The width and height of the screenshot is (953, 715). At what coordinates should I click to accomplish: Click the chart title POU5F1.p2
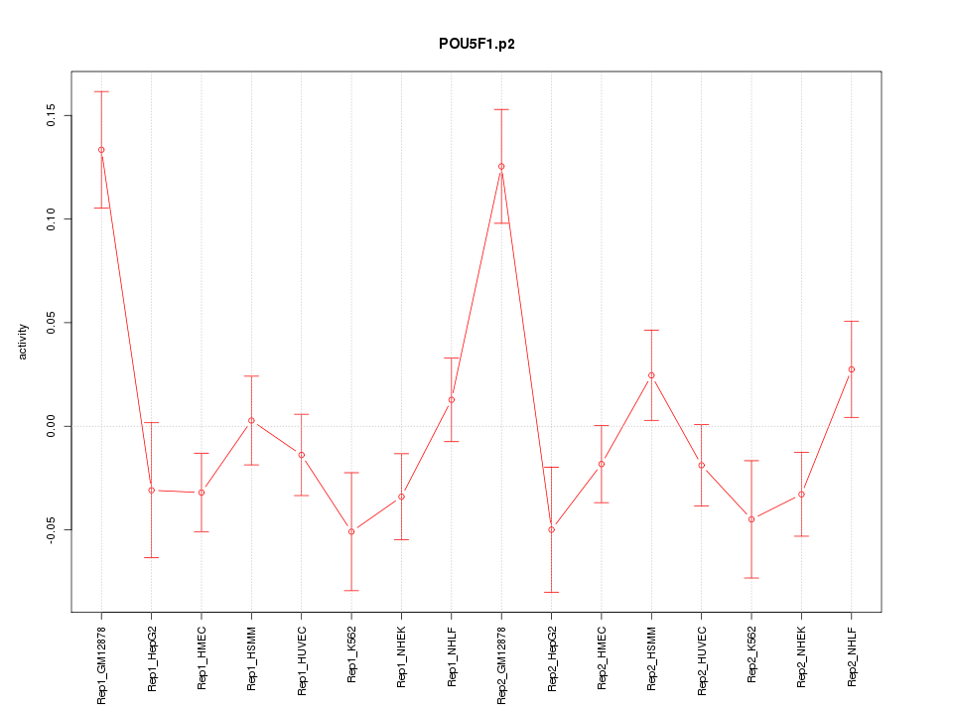pos(476,45)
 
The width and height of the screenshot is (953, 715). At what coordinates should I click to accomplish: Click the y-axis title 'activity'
pos(25,342)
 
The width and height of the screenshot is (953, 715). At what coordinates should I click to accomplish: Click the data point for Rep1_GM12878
pos(101,150)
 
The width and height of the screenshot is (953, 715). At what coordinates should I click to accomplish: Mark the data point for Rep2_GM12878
pos(501,166)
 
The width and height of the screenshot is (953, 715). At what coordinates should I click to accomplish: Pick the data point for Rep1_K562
pos(351,531)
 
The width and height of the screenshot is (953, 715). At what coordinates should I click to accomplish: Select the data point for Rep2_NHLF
pos(851,369)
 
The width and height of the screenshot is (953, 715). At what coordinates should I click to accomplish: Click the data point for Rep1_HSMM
pos(251,420)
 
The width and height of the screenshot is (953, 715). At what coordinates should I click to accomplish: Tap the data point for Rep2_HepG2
pos(551,529)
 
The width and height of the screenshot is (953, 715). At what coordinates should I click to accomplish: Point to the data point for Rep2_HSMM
pos(651,375)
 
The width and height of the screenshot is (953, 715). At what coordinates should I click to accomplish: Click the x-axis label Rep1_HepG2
pos(152,658)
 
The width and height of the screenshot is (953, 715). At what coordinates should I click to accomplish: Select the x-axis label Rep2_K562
pos(751,656)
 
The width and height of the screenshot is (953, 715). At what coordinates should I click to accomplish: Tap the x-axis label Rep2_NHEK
pos(801,657)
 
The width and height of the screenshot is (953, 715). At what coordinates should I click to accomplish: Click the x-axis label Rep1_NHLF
pos(452,657)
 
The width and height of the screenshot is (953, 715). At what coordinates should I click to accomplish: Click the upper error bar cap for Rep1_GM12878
pos(101,91)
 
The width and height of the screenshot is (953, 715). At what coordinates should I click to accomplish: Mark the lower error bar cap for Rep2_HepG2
pos(551,592)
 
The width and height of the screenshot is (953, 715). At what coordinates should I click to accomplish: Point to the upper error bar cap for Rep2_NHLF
pos(851,321)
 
